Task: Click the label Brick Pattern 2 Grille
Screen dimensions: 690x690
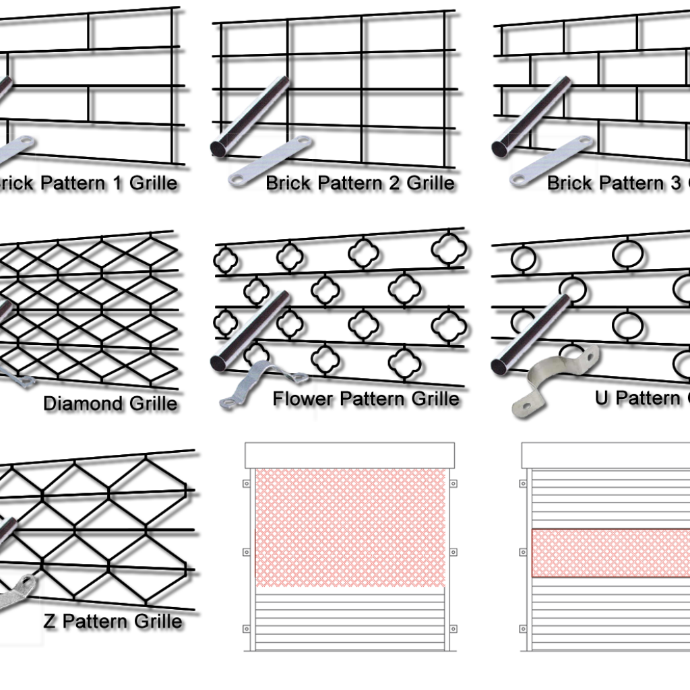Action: (360, 183)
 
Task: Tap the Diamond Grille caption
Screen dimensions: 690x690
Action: (110, 404)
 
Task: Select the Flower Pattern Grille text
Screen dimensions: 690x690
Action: (365, 398)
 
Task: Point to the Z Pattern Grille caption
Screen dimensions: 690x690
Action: (113, 621)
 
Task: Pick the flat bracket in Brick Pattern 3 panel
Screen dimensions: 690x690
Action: (552, 161)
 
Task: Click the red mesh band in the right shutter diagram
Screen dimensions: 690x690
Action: (610, 553)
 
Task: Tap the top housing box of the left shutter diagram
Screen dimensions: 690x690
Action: (349, 456)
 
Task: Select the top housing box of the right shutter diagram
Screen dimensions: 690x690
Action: (606, 456)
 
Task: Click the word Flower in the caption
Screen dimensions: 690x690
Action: (303, 398)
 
